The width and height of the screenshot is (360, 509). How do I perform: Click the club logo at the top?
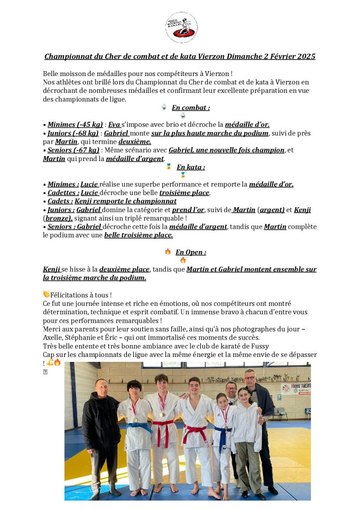tap(181, 28)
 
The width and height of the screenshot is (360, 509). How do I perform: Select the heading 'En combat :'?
tap(190, 108)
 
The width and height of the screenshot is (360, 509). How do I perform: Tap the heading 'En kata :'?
tap(190, 168)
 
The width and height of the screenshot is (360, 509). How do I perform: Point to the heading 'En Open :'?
tap(190, 252)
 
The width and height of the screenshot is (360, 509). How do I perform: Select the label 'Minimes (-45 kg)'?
tap(75, 125)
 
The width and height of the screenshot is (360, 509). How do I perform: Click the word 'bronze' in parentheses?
tap(58, 218)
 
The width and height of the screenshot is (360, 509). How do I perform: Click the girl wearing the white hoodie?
tap(247, 427)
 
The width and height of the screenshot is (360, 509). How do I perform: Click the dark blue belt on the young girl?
tap(222, 433)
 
